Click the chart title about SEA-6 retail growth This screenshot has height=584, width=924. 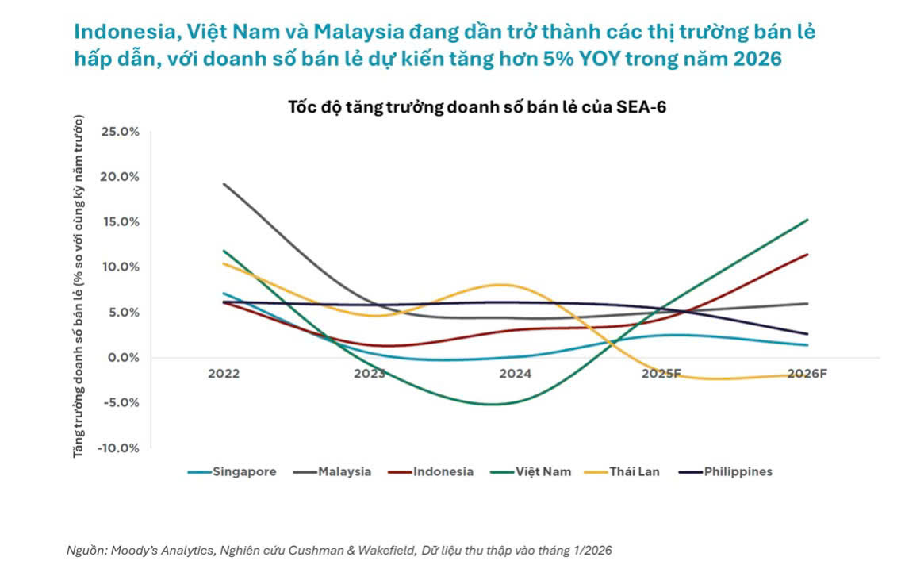477,108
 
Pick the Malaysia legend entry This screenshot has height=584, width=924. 332,471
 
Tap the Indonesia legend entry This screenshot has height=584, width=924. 431,471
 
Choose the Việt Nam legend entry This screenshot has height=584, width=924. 531,471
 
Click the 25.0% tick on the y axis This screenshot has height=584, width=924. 120,132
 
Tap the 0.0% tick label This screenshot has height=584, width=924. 122,357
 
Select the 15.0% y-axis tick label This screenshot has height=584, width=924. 120,221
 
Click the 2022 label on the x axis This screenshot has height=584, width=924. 224,374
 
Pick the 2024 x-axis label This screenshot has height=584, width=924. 516,374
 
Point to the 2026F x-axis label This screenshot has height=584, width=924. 807,374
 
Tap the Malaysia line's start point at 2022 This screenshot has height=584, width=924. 224,184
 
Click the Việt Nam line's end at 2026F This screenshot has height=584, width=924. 807,220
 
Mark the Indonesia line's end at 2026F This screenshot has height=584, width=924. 807,255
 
